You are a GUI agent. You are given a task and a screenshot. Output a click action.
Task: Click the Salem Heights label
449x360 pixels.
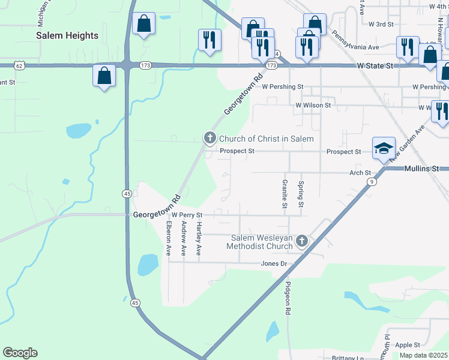coord(67,35)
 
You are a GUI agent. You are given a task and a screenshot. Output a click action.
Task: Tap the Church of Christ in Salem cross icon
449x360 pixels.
coord(210,139)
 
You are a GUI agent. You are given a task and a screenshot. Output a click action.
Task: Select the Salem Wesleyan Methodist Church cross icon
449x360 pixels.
coord(302,241)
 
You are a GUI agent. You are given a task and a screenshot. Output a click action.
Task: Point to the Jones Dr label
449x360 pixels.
coord(274,263)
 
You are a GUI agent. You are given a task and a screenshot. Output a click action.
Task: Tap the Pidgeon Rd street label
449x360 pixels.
coord(288,299)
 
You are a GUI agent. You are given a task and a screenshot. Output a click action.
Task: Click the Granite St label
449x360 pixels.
coord(285,194)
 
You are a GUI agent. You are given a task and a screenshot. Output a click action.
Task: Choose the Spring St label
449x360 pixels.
coord(301,194)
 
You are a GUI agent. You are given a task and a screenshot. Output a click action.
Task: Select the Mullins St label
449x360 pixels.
coord(423,169)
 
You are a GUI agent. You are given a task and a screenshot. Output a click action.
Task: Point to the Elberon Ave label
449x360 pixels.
coord(169,238)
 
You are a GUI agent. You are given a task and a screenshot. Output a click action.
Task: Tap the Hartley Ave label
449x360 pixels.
coord(199,238)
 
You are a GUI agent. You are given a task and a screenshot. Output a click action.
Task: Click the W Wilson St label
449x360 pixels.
coord(313,105)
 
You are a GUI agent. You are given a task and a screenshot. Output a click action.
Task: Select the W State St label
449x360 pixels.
coord(375,65)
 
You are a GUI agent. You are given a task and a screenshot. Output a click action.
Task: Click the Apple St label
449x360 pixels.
coord(408,345)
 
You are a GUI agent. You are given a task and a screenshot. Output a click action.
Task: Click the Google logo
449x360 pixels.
coord(20,353)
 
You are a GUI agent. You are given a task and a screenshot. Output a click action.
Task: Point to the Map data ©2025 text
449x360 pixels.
coord(424,355)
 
